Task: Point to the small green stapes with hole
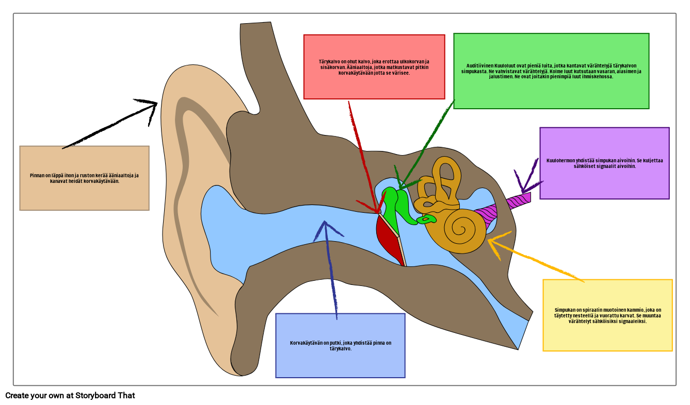click(x=426, y=220)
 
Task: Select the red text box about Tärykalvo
click(x=374, y=67)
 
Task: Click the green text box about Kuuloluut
click(x=551, y=71)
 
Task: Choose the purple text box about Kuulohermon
click(x=604, y=163)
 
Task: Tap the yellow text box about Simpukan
click(x=607, y=315)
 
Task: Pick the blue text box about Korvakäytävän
click(x=340, y=345)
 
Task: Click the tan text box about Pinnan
click(x=84, y=178)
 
